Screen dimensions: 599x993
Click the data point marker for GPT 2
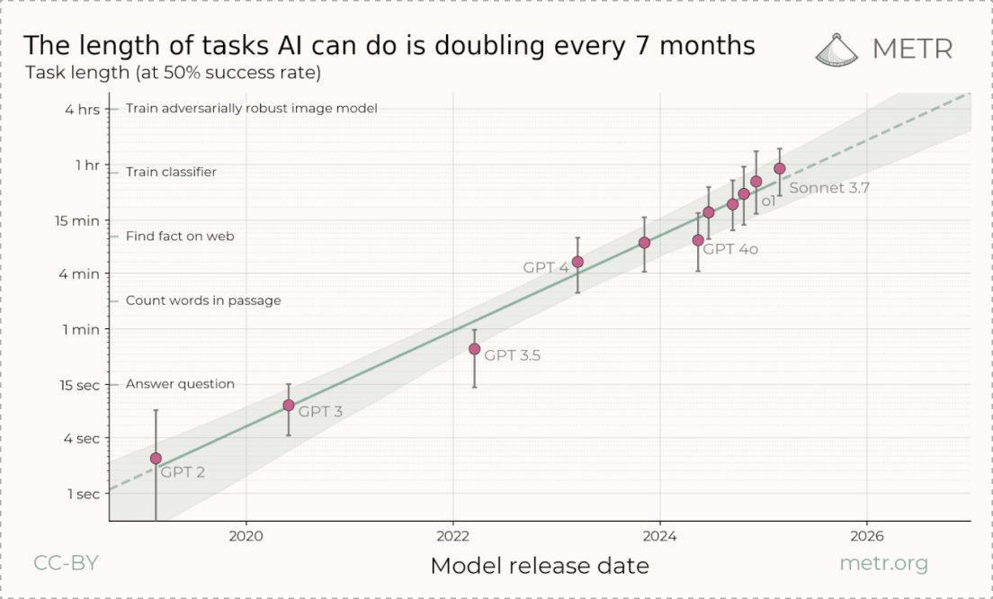[156, 459]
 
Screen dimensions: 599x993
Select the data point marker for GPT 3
[289, 406]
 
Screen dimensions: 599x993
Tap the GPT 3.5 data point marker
[474, 349]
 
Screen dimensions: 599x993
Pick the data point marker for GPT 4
[577, 262]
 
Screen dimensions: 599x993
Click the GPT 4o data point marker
[698, 240]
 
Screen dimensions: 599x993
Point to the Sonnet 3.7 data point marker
[780, 168]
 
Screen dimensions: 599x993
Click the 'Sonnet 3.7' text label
[828, 188]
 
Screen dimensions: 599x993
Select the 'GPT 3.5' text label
[512, 355]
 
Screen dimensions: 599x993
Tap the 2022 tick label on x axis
[452, 537]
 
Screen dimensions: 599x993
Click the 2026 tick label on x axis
[866, 537]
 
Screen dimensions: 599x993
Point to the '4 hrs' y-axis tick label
[84, 110]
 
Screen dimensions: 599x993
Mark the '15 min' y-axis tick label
[80, 220]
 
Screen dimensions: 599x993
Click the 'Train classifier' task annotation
[171, 172]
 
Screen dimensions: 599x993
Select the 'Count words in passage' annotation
[203, 300]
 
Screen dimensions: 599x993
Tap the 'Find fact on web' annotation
[180, 236]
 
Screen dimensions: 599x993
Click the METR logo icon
[836, 49]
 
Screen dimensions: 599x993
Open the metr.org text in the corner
[882, 564]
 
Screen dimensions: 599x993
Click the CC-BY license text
[66, 564]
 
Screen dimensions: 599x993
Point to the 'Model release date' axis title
[540, 566]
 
